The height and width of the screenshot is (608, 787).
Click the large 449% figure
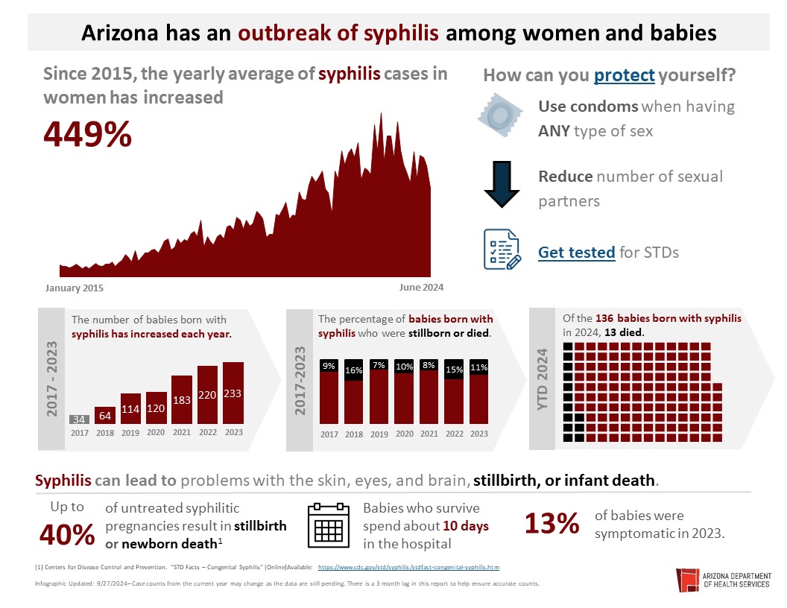[88, 135]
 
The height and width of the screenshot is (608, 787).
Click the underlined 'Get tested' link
[576, 253]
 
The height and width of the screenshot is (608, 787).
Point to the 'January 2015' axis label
[75, 288]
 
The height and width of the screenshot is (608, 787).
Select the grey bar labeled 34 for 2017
[79, 419]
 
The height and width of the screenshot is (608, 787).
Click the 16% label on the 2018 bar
[353, 370]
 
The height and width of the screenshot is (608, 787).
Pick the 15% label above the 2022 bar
[454, 369]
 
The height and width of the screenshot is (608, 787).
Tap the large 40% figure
[67, 533]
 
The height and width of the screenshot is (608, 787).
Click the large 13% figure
[551, 524]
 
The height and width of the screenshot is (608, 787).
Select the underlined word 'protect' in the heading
[625, 75]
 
